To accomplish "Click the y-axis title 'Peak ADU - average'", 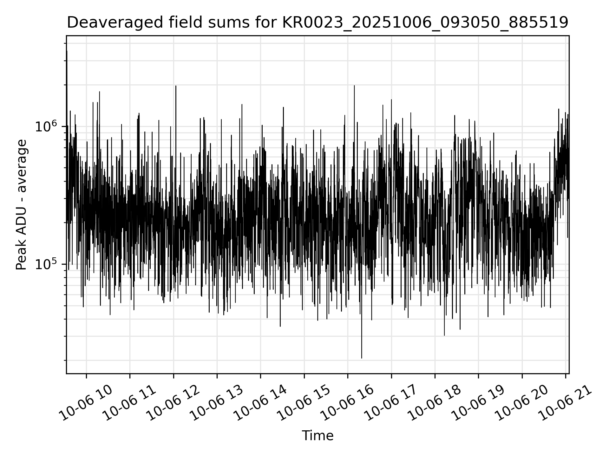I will pos(22,205).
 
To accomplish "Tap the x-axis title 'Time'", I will pos(318,436).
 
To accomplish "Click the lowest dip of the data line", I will pos(362,358).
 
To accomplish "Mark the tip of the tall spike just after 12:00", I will pos(176,86).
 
